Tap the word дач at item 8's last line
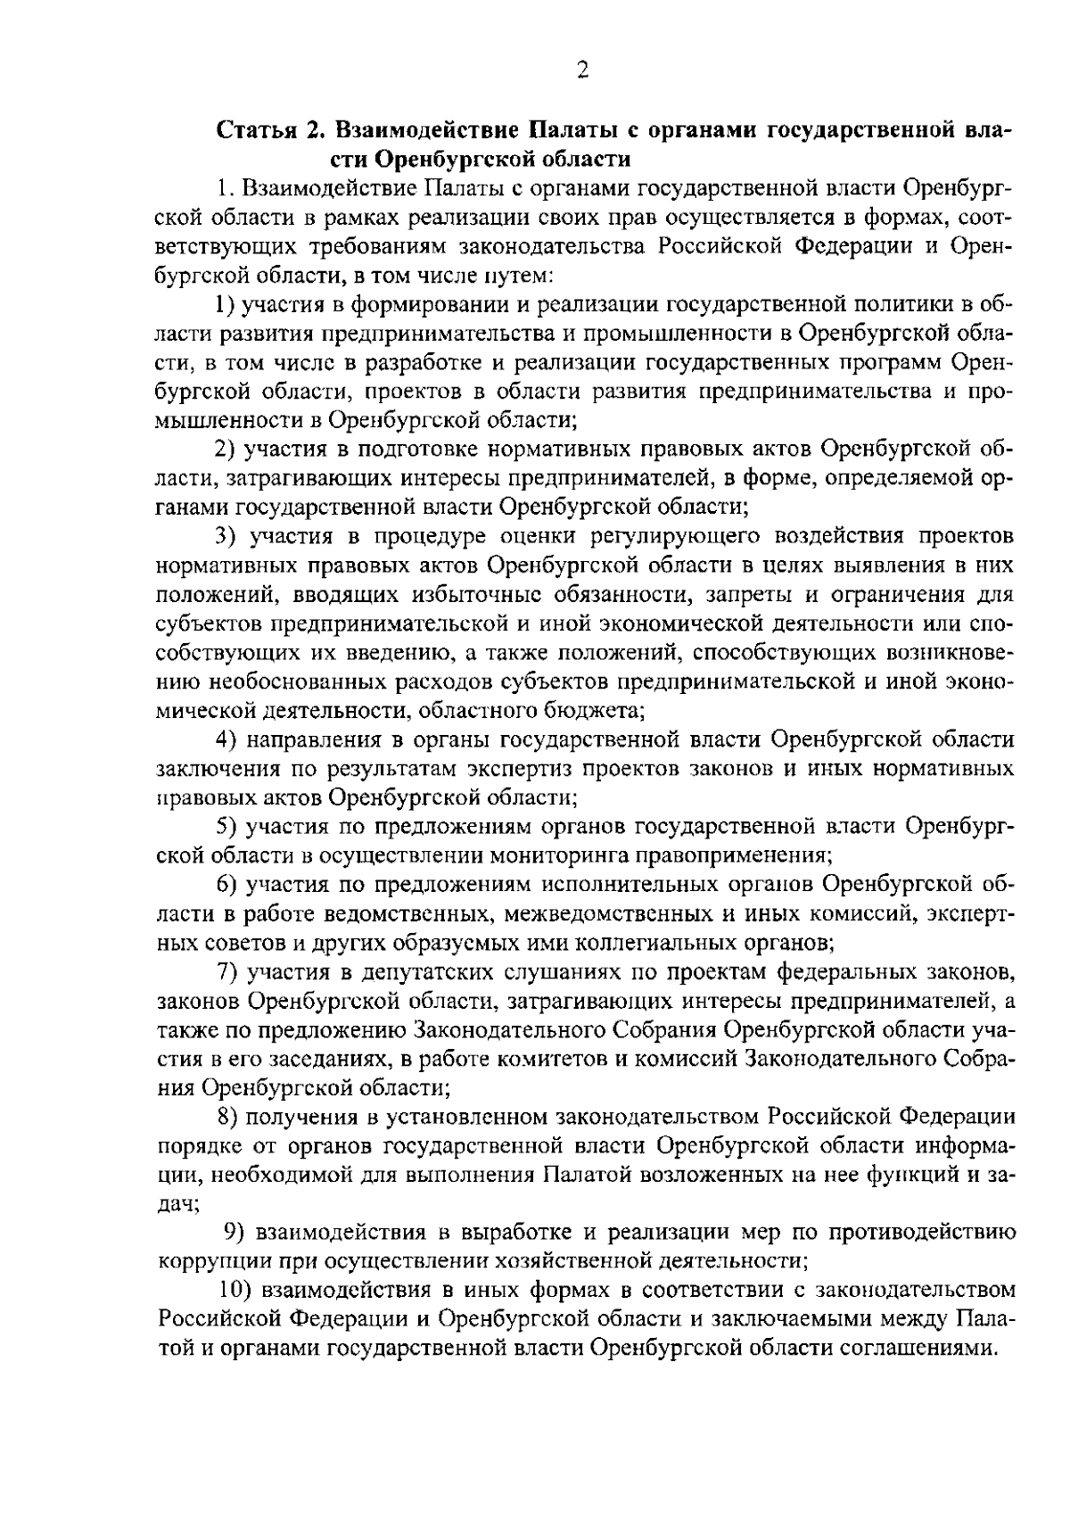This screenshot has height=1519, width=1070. pos(177,1203)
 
